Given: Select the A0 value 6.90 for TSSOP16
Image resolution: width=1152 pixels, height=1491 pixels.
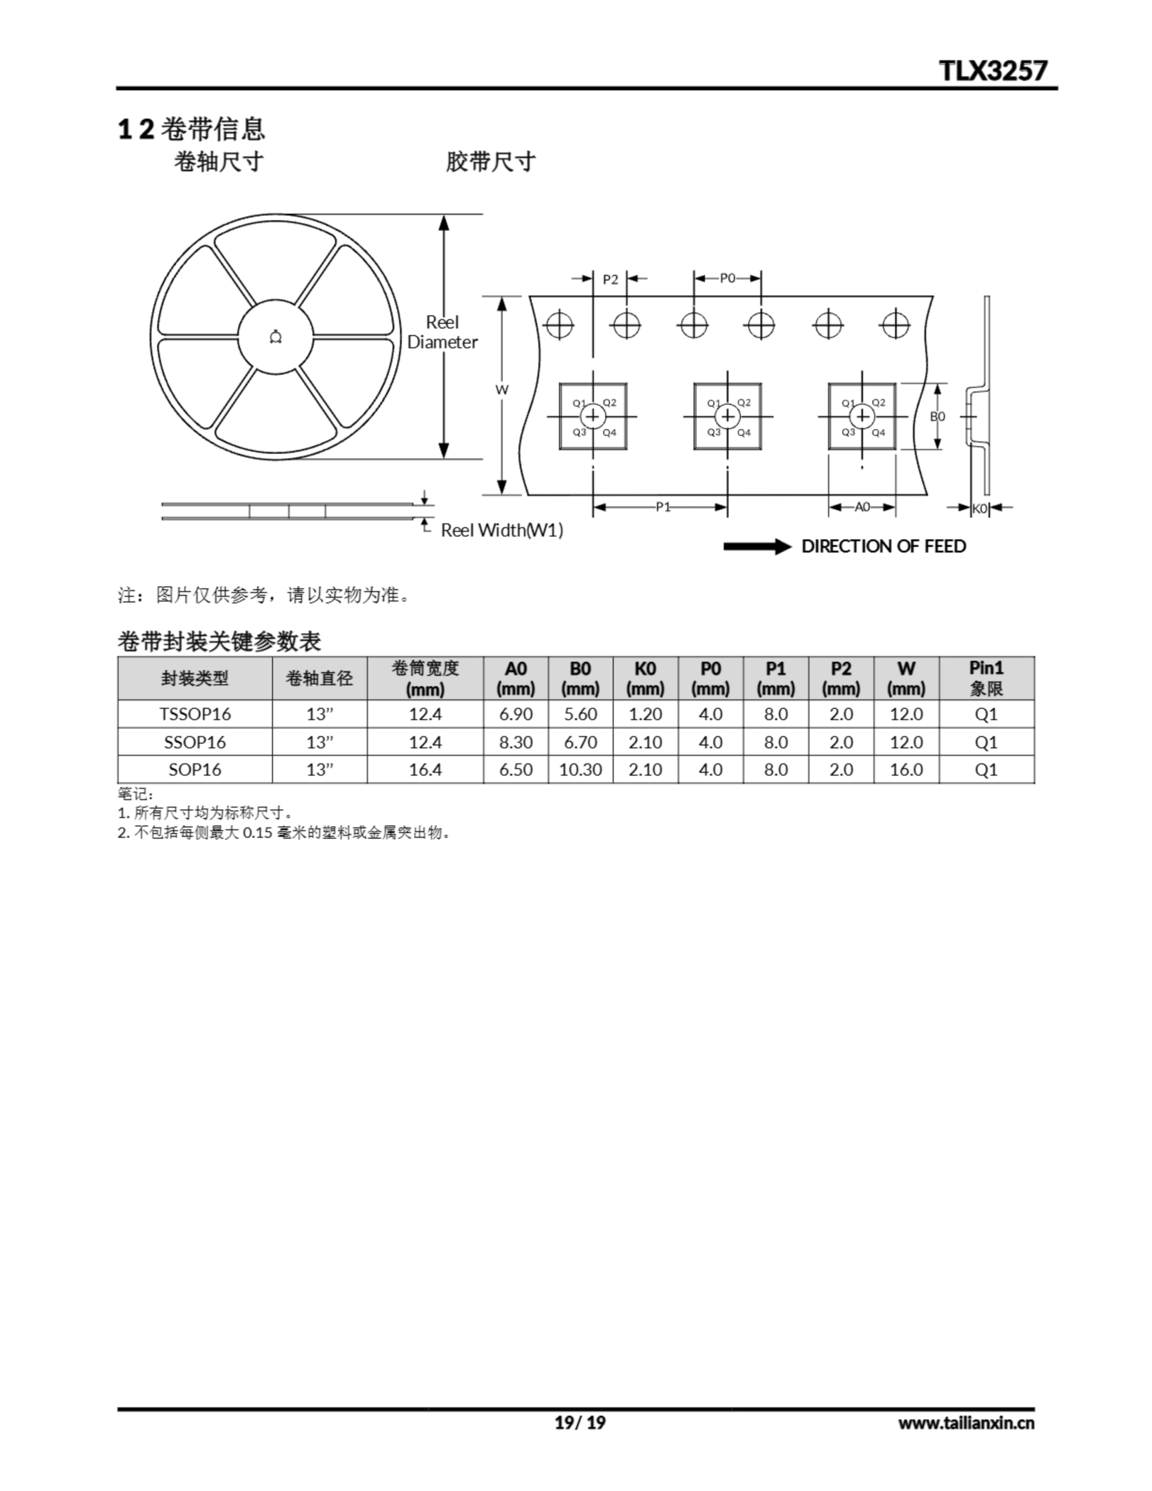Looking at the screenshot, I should point(515,714).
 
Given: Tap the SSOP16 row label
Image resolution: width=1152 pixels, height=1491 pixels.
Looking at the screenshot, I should point(195,742).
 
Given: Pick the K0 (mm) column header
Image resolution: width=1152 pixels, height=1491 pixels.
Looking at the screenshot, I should point(645,678).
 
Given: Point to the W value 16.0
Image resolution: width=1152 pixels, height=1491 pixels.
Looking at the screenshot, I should point(906,769).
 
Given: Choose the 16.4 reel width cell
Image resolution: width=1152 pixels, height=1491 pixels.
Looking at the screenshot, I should point(425,769).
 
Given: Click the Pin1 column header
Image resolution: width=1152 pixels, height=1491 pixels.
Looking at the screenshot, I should point(986,678).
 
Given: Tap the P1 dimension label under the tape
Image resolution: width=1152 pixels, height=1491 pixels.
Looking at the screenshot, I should point(662,507).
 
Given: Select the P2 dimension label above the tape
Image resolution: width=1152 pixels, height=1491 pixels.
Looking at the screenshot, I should point(610,279).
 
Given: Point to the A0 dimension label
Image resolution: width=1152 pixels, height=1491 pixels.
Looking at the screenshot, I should point(862,507).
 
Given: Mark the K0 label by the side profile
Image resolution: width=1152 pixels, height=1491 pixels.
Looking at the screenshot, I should point(980,508).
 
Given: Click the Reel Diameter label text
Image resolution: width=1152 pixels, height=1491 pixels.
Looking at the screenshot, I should point(443,333).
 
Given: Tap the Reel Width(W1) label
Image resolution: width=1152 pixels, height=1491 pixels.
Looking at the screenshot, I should point(502,531).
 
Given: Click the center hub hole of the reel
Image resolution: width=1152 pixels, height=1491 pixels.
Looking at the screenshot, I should point(275,337).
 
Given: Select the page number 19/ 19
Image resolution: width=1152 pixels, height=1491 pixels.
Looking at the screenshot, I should point(579,1423).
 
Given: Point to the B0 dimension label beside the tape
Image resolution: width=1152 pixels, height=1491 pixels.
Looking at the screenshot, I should point(938,416).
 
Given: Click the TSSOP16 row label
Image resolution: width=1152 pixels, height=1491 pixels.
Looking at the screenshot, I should point(195,714).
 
